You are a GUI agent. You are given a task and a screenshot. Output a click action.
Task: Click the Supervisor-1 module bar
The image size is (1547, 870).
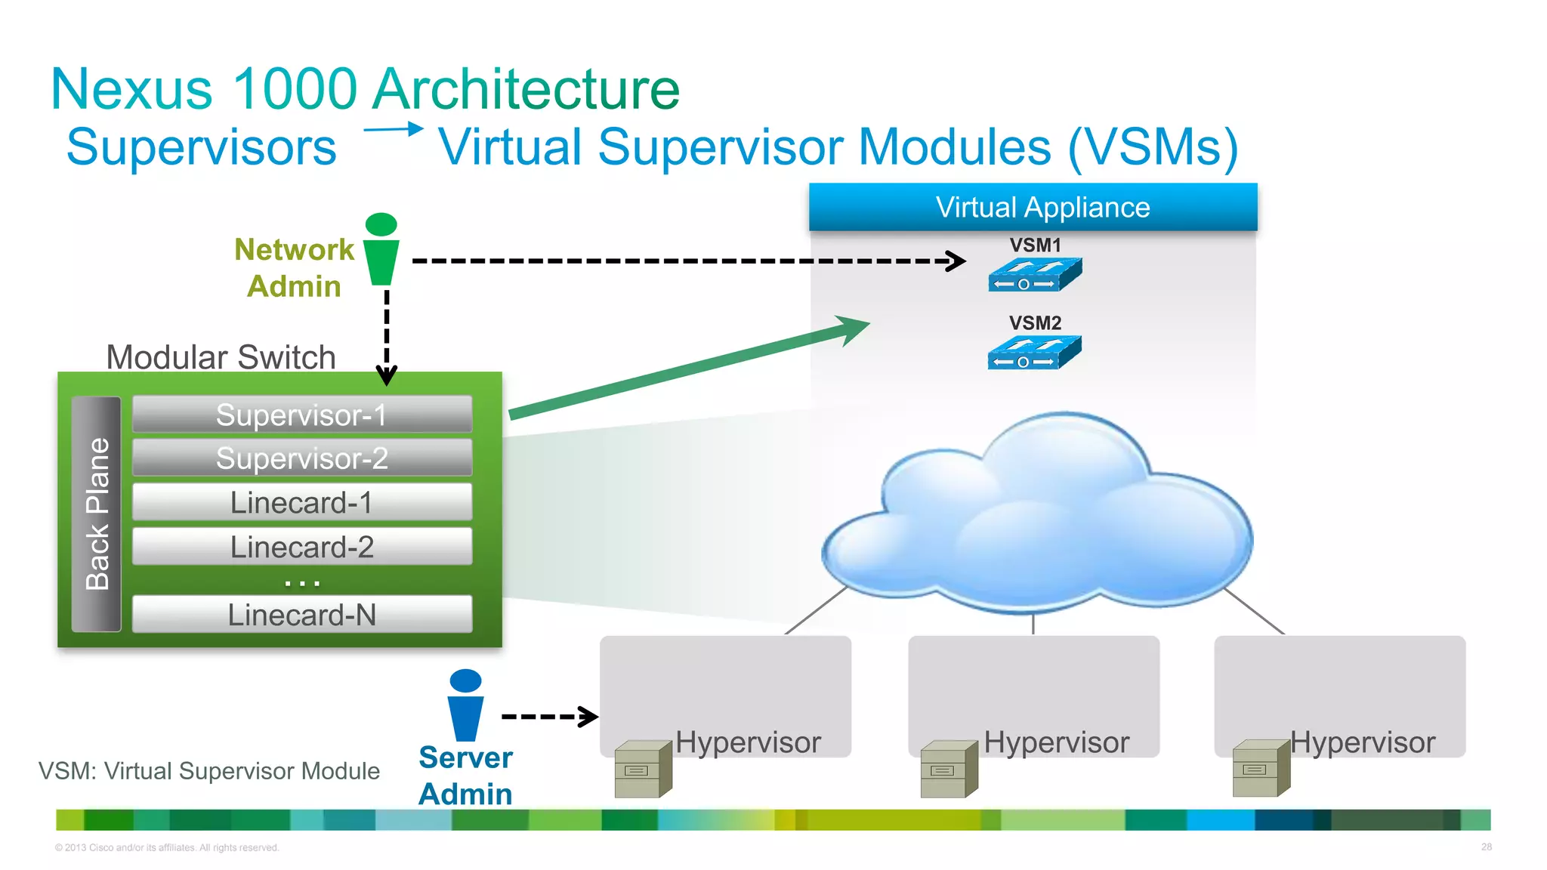[x=302, y=415]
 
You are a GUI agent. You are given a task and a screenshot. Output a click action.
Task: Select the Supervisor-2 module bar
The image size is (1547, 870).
[x=302, y=458]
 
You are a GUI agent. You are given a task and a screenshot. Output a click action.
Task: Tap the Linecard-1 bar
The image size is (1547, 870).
[x=302, y=502]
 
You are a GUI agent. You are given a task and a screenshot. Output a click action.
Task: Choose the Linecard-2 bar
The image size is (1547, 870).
[x=302, y=547]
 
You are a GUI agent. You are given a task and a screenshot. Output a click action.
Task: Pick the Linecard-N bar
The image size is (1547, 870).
[x=302, y=615]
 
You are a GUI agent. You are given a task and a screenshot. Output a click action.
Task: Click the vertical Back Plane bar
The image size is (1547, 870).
[x=97, y=514]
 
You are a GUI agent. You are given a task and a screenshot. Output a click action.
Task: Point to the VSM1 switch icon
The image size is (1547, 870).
[x=1034, y=275]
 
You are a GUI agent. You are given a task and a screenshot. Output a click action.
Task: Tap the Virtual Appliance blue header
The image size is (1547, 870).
[x=1033, y=207]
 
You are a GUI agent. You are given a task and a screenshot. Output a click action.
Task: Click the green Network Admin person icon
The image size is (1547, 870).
[x=381, y=250]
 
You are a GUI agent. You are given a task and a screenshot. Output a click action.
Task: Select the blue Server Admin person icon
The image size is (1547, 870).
[x=465, y=705]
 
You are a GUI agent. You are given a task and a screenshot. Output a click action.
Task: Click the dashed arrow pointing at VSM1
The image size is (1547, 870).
[x=687, y=261]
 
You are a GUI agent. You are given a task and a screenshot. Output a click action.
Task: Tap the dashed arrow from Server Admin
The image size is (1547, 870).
[x=550, y=716]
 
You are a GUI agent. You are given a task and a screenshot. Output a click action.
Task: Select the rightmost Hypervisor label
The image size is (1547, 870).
[x=1362, y=742]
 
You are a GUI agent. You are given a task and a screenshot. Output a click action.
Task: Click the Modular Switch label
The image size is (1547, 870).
[x=221, y=357]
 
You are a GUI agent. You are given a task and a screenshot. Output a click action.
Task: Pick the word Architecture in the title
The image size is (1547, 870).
[x=526, y=89]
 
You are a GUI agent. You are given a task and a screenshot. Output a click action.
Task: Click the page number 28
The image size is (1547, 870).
[x=1486, y=847]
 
